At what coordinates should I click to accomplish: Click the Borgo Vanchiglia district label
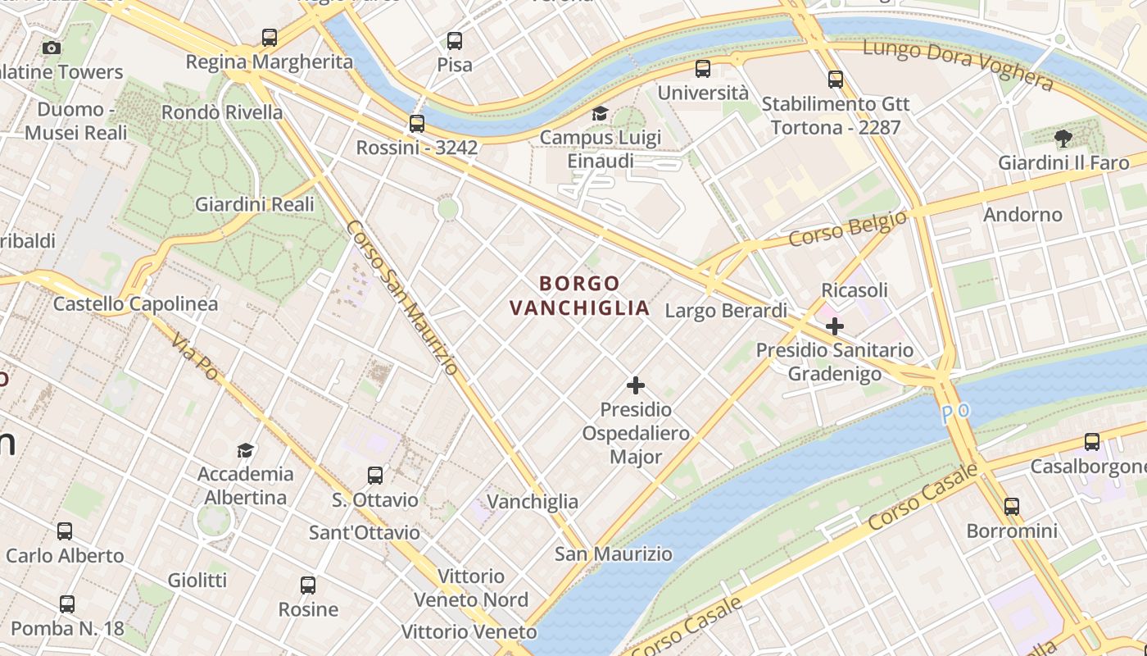point(580,296)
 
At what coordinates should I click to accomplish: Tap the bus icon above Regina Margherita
point(270,37)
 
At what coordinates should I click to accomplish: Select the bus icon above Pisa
point(455,40)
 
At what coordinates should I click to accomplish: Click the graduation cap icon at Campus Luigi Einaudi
point(601,113)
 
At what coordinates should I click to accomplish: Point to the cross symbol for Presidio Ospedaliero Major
point(635,385)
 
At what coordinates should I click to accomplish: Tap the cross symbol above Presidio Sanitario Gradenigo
point(834,326)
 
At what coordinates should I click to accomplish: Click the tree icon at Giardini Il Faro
point(1063,139)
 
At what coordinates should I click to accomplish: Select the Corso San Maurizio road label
point(401,297)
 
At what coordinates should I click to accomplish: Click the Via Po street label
point(195,358)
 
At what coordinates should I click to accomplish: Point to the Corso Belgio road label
point(848,228)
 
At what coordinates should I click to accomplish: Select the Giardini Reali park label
point(254,204)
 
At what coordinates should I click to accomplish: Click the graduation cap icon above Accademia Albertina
point(245,450)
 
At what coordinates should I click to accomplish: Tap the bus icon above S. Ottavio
point(375,476)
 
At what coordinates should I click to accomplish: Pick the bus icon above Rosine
point(308,585)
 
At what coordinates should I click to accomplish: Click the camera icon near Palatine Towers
point(52,48)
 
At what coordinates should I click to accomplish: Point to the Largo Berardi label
point(726,311)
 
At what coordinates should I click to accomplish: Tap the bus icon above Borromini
point(1012,507)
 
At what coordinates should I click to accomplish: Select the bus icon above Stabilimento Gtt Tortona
point(836,80)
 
